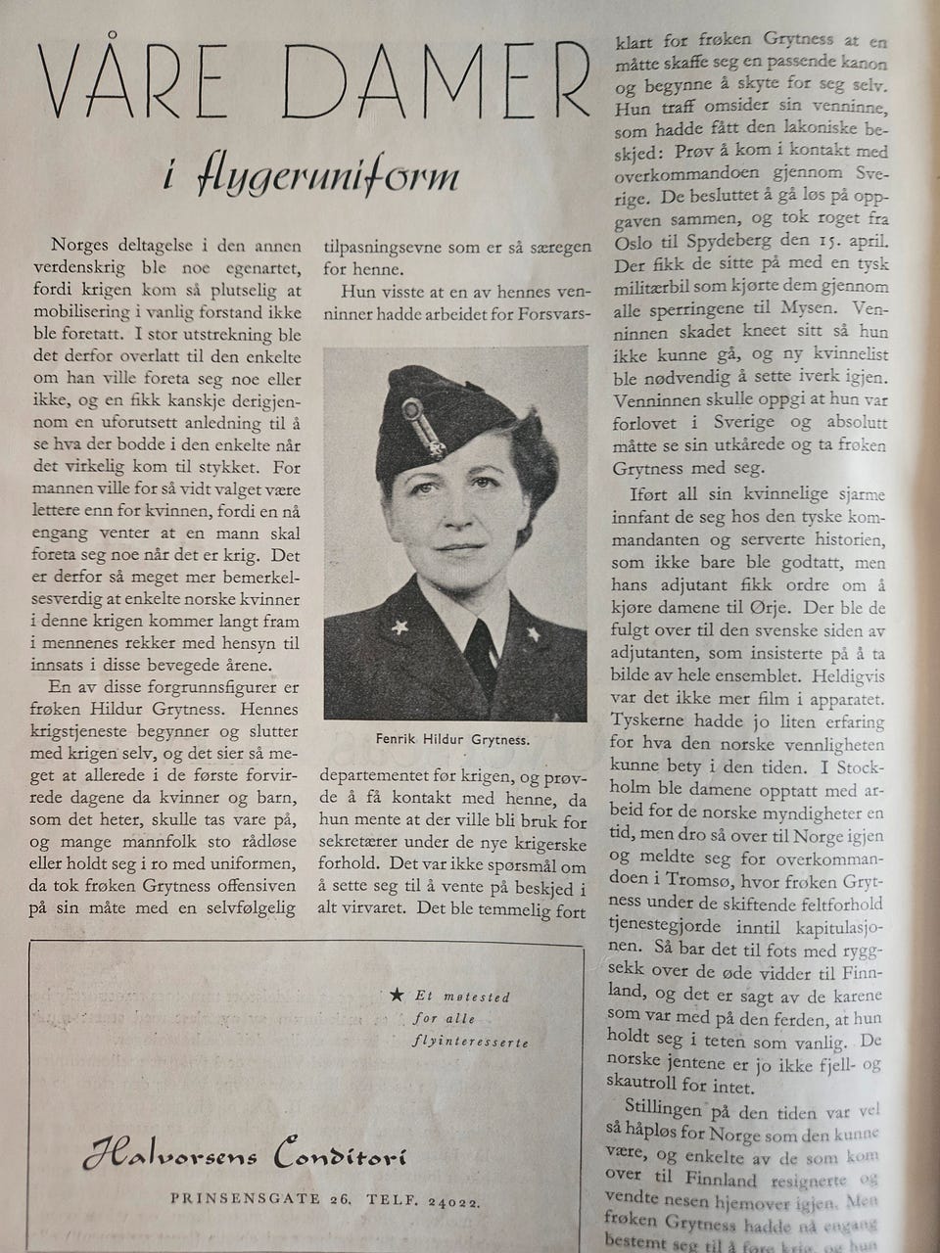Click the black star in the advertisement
point(396,995)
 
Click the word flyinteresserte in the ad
point(470,1042)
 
